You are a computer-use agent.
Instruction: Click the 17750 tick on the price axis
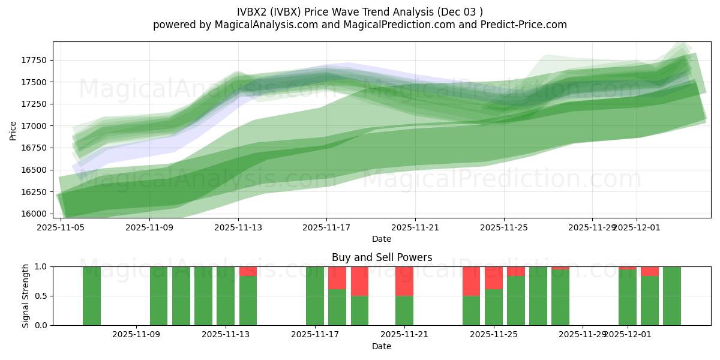(x=34, y=61)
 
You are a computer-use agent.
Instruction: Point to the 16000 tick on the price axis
(x=34, y=214)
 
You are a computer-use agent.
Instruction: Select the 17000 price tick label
(x=34, y=126)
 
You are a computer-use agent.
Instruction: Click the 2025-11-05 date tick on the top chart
(x=61, y=228)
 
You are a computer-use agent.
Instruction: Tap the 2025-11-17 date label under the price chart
(x=326, y=228)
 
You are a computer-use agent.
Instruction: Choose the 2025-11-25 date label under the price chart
(x=503, y=228)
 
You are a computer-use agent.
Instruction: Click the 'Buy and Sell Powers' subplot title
(x=382, y=257)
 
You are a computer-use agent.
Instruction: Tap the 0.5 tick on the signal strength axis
(x=41, y=296)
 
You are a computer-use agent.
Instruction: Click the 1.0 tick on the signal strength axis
(x=41, y=266)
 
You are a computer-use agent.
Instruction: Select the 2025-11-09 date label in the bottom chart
(x=137, y=335)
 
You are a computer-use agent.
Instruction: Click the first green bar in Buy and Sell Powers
(x=92, y=296)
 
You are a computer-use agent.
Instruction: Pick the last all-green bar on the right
(x=672, y=296)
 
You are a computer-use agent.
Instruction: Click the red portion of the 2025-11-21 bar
(x=404, y=281)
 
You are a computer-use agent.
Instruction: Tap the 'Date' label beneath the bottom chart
(x=382, y=346)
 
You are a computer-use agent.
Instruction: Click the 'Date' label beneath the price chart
(x=382, y=239)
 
